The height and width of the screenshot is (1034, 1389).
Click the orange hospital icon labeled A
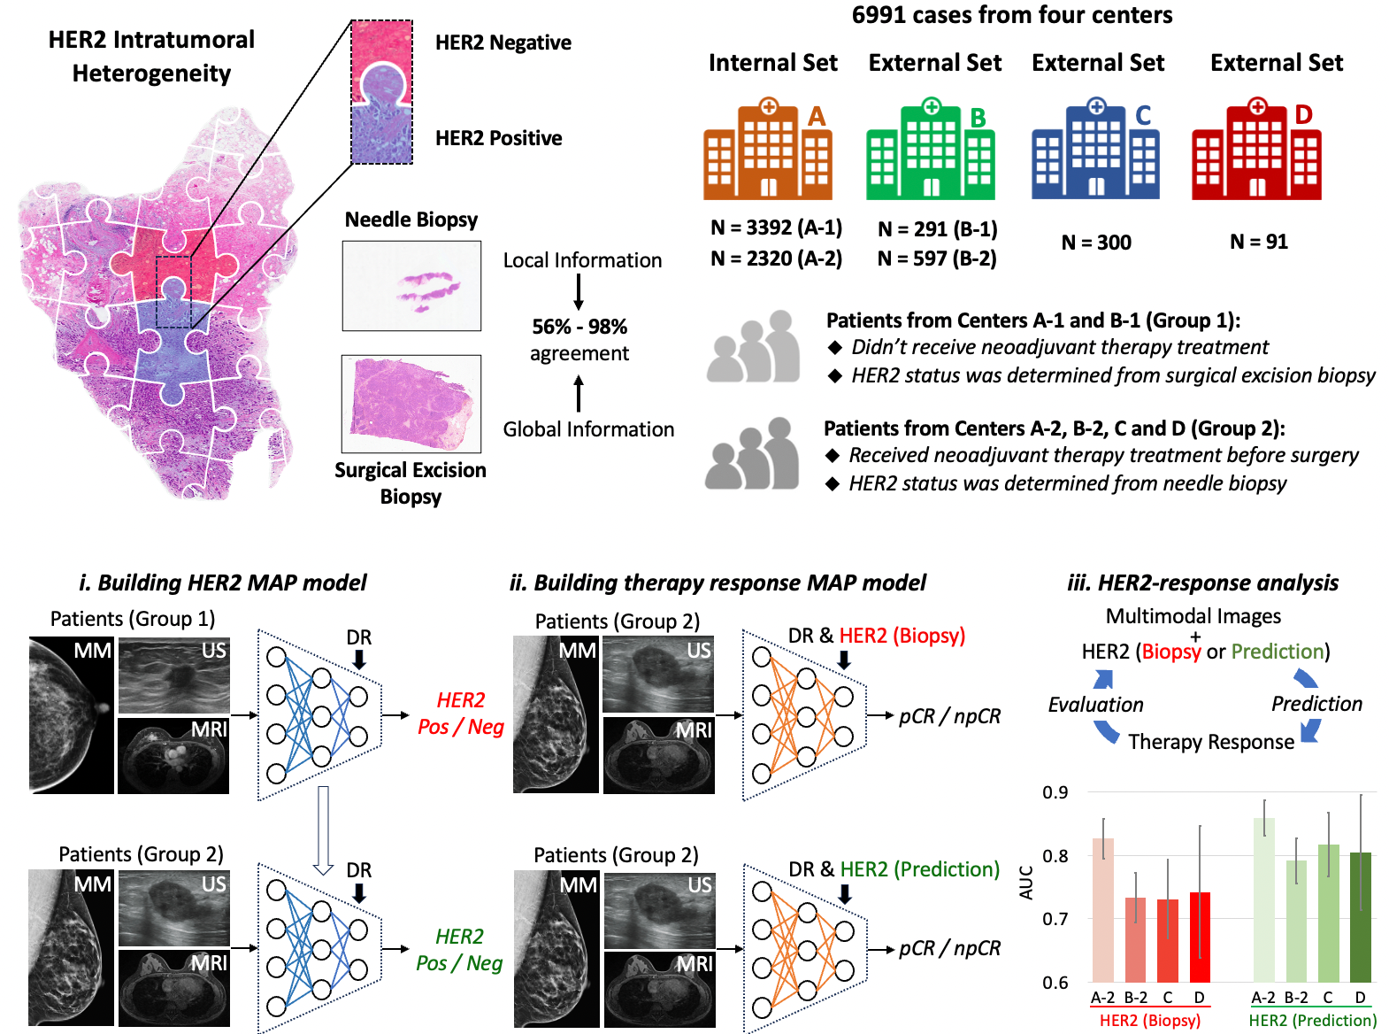pyautogui.click(x=767, y=152)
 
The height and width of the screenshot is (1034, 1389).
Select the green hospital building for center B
pyautogui.click(x=930, y=152)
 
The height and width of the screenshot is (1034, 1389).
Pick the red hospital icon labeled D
pyautogui.click(x=1256, y=152)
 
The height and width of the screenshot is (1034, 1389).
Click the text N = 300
pyautogui.click(x=1096, y=243)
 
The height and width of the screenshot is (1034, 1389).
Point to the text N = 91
pyautogui.click(x=1259, y=242)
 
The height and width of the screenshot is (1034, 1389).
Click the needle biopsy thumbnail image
pyautogui.click(x=411, y=286)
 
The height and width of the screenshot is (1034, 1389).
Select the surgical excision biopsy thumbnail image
pyautogui.click(x=411, y=404)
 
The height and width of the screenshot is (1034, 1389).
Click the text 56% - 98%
pyautogui.click(x=579, y=327)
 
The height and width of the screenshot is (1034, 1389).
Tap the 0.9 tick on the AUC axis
pyautogui.click(x=1055, y=792)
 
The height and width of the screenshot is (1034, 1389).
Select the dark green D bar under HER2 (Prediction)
pyautogui.click(x=1361, y=917)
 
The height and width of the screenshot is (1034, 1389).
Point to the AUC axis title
pyautogui.click(x=1026, y=883)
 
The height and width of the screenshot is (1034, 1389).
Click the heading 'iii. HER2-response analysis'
pyautogui.click(x=1203, y=583)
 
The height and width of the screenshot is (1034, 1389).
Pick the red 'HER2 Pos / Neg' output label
pyautogui.click(x=460, y=714)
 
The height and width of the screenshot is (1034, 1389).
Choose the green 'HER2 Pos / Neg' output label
pyautogui.click(x=459, y=950)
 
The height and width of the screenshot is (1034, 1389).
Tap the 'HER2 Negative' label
pyautogui.click(x=503, y=42)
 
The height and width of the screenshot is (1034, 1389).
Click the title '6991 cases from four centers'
pyautogui.click(x=1012, y=15)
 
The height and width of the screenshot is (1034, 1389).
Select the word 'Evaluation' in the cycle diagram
pyautogui.click(x=1095, y=705)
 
